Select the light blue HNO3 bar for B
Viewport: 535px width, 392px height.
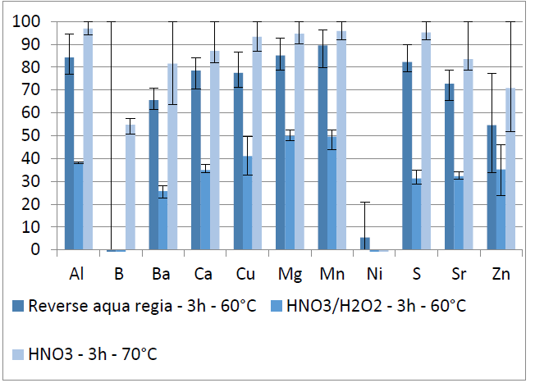[130, 188]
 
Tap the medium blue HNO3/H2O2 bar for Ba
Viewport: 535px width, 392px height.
[162, 221]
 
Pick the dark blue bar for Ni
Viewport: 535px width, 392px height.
[365, 244]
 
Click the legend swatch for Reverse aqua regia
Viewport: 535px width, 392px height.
[18, 306]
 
